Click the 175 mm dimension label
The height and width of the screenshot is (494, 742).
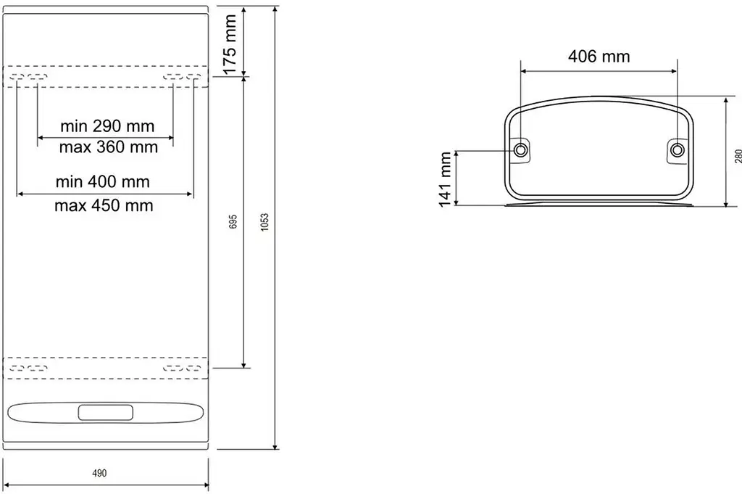(x=230, y=44)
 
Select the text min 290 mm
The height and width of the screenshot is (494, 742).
(x=107, y=126)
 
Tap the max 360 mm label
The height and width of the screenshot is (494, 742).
(x=109, y=147)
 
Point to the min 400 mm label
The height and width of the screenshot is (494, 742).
(x=103, y=182)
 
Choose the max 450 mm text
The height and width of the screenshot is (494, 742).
(x=104, y=205)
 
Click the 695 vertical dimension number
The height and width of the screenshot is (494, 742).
(x=233, y=222)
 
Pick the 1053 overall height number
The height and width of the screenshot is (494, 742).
(x=264, y=222)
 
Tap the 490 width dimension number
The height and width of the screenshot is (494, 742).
(x=99, y=473)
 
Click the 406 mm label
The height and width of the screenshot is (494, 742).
(x=599, y=57)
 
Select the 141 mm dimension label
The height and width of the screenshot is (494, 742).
(x=446, y=179)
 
